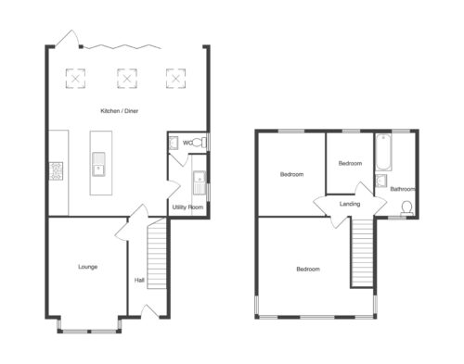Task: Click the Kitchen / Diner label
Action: click(x=120, y=111)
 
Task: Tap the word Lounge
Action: click(x=88, y=267)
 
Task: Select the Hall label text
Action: click(x=139, y=281)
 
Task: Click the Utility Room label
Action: click(x=187, y=207)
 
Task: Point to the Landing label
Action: click(x=350, y=204)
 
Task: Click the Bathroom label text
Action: click(x=403, y=189)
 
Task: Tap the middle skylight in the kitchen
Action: click(x=127, y=79)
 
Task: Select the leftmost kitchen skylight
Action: click(x=75, y=79)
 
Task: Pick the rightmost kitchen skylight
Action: click(x=175, y=79)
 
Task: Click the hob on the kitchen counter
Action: click(x=56, y=171)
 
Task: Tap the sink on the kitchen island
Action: click(x=98, y=164)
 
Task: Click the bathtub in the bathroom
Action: click(x=383, y=152)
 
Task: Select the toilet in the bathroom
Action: click(x=406, y=208)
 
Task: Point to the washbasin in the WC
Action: click(x=174, y=144)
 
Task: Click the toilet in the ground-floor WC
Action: click(x=200, y=143)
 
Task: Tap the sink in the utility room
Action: click(x=200, y=182)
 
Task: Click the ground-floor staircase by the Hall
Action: click(x=157, y=254)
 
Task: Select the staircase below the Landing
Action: click(x=362, y=253)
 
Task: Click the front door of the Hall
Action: click(x=149, y=311)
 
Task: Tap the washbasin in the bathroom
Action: click(x=380, y=181)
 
